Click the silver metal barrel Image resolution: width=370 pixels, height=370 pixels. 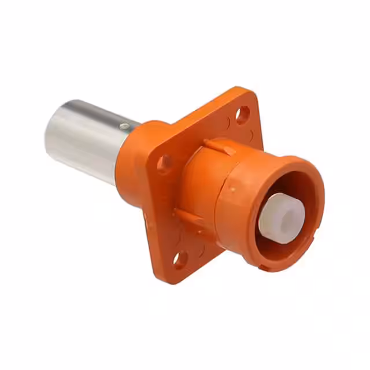point(87,139)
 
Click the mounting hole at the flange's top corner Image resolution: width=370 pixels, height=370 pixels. point(243,114)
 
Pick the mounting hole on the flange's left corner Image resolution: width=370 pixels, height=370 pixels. point(165,163)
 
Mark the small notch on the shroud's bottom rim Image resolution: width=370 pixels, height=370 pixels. point(264,268)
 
